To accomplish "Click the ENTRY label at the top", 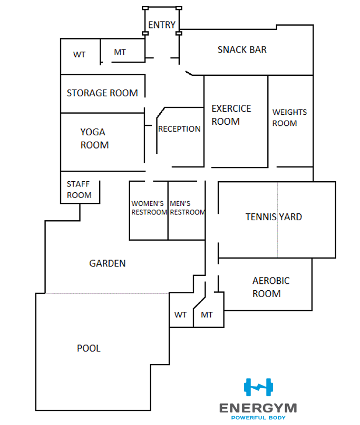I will coord(161,25).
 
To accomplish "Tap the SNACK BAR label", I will coord(242,50).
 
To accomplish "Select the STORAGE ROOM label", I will coord(102,93).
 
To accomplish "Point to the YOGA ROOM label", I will coord(94,139).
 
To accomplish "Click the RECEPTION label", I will coord(179,129).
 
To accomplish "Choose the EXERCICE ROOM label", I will coord(231,115).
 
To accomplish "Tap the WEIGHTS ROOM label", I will coord(289,117).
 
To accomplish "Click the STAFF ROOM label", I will coord(79,190).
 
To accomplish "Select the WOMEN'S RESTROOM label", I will coord(149,208).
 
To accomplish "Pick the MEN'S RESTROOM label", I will coord(187,208).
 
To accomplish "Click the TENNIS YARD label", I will coord(274,216).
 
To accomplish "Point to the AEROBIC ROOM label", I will coord(270,287).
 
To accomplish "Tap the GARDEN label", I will coord(108,263).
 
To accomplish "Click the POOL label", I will coord(89,348).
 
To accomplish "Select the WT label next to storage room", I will coord(79,54).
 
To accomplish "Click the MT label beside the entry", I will coord(120,52).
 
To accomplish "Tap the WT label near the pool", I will coord(180,315).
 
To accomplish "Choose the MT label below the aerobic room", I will coord(207,315).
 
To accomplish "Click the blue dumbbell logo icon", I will coord(258,387).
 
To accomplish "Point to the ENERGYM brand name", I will coord(258,408).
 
